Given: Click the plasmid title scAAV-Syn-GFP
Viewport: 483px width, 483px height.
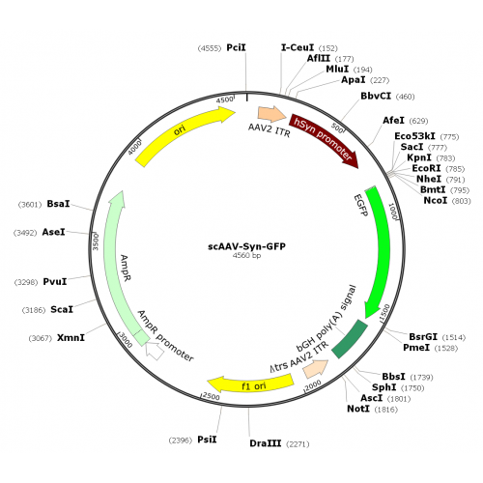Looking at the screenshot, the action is [246, 246].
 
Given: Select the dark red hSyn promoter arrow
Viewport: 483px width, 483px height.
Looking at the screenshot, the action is [326, 137].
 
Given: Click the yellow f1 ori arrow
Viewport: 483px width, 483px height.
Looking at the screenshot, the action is [251, 384].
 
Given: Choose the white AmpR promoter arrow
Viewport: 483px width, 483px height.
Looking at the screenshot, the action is [155, 351].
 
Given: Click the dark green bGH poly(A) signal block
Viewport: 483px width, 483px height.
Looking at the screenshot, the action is [351, 339].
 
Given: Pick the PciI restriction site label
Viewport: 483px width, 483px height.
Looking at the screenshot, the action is [236, 47].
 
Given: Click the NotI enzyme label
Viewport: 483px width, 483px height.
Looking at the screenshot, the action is [358, 409].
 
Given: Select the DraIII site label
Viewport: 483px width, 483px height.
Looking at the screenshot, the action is [266, 443].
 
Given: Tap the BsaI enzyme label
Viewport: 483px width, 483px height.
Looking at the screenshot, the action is [58, 204].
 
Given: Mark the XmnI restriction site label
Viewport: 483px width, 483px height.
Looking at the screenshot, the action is [71, 338].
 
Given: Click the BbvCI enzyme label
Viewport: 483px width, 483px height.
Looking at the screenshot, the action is [376, 96].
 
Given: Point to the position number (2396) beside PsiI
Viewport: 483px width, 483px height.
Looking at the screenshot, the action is [181, 440].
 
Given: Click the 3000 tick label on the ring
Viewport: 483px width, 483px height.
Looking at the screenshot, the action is [126, 340].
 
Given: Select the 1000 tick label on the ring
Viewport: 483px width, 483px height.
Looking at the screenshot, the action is [393, 212].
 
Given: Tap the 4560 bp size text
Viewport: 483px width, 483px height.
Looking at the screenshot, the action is [246, 256].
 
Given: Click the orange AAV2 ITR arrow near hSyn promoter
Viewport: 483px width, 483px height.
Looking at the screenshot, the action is [272, 114].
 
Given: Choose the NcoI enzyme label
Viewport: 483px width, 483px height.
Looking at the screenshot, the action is [436, 200].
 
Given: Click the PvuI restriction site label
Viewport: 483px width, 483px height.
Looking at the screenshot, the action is [55, 282].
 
